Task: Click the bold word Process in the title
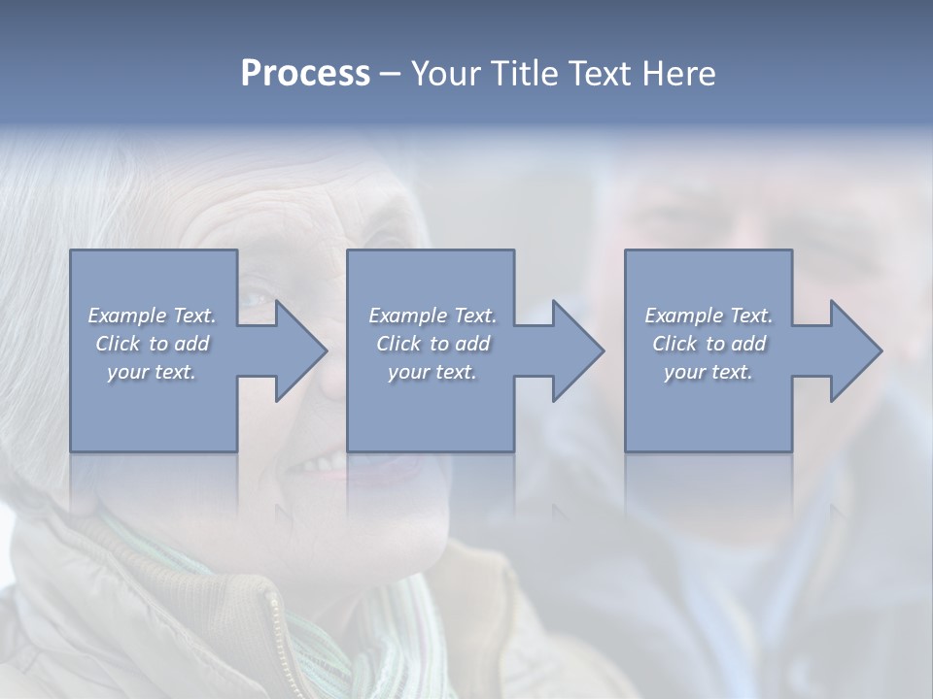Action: pyautogui.click(x=305, y=74)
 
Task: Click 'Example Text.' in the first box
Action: pyautogui.click(x=152, y=316)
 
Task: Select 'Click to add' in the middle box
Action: pyautogui.click(x=432, y=344)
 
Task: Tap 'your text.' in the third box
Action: pyautogui.click(x=708, y=372)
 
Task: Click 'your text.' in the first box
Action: pyautogui.click(x=152, y=372)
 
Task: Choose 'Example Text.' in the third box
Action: pyautogui.click(x=708, y=316)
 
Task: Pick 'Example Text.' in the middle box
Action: pyautogui.click(x=432, y=316)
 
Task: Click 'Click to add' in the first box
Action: pyautogui.click(x=152, y=344)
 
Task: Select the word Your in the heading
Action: pyautogui.click(x=445, y=74)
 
